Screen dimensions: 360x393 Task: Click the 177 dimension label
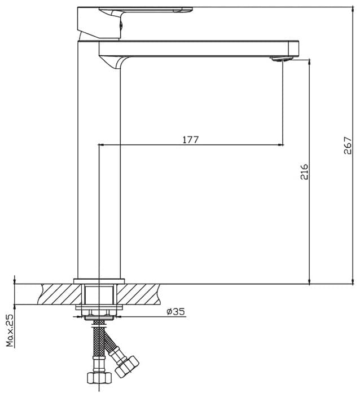[190, 140]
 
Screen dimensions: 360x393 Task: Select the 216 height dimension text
[304, 171]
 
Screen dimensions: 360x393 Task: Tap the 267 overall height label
[348, 145]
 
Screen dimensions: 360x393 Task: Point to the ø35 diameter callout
[176, 312]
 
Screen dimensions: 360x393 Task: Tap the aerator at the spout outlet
[281, 59]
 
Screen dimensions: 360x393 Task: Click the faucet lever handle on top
[135, 22]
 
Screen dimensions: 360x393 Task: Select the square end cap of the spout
[293, 48]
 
